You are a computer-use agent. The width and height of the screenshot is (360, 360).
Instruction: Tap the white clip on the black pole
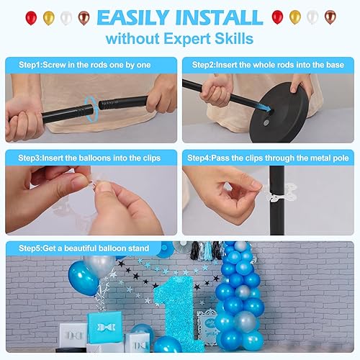coord(278,197)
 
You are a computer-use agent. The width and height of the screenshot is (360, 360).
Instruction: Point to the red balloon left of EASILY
coord(31,17)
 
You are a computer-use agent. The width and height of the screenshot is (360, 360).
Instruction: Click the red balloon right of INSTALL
coord(277,17)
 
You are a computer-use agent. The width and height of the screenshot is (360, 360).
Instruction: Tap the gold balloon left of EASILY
coord(48,17)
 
